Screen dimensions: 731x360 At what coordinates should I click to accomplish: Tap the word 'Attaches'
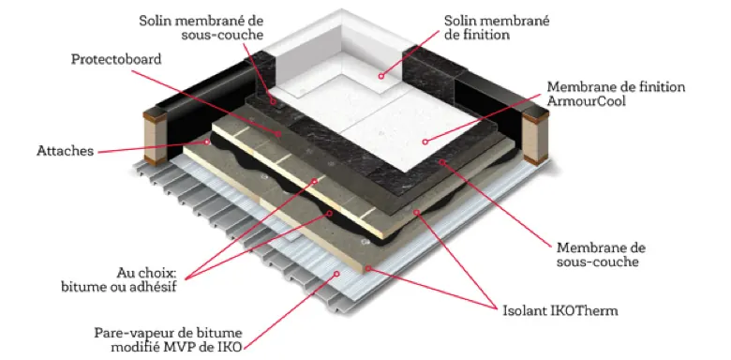[64, 150]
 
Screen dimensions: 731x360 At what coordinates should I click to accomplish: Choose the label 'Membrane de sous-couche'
[600, 253]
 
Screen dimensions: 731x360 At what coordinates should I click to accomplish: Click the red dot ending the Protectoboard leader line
[282, 134]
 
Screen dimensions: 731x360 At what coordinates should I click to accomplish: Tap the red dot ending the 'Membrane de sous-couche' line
[442, 161]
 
